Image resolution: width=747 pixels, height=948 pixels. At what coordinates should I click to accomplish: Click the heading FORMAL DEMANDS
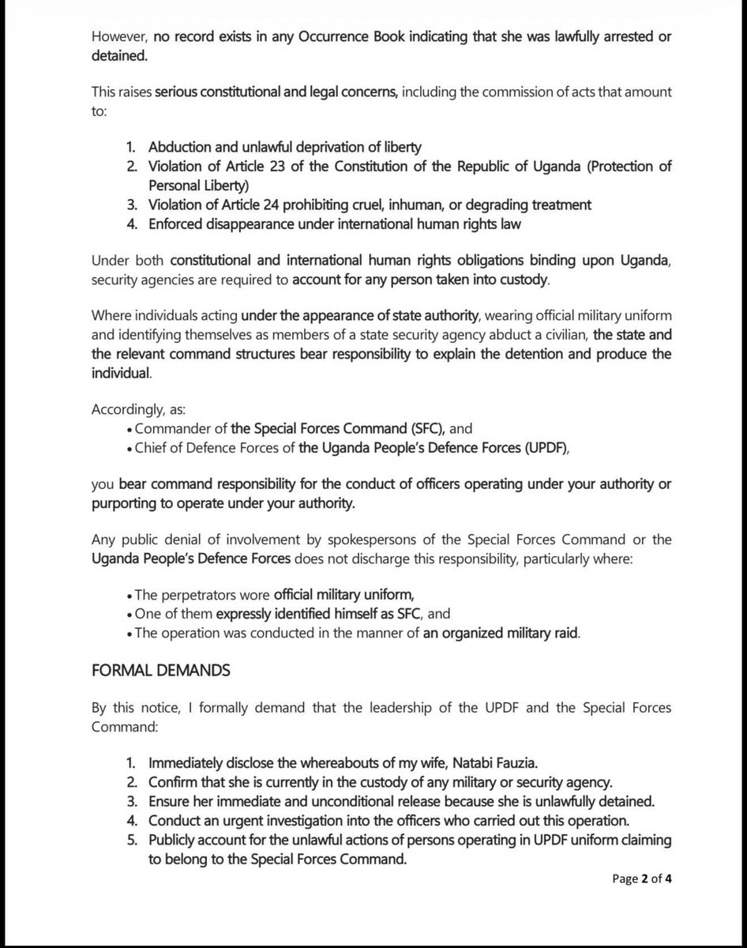pos(160,670)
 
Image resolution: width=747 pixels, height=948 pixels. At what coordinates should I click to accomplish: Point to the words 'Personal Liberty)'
pos(198,186)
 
